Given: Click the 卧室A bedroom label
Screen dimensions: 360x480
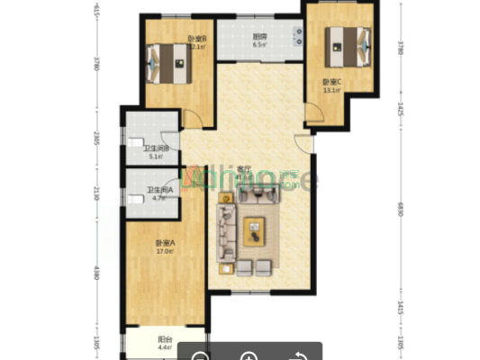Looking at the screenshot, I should [164, 243].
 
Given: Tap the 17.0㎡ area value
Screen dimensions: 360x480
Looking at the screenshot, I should [164, 252].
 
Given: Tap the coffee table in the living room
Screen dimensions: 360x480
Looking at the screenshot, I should [256, 229].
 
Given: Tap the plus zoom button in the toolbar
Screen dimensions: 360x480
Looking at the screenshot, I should [248, 354].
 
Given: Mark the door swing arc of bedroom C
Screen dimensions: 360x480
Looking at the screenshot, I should [311, 113].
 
